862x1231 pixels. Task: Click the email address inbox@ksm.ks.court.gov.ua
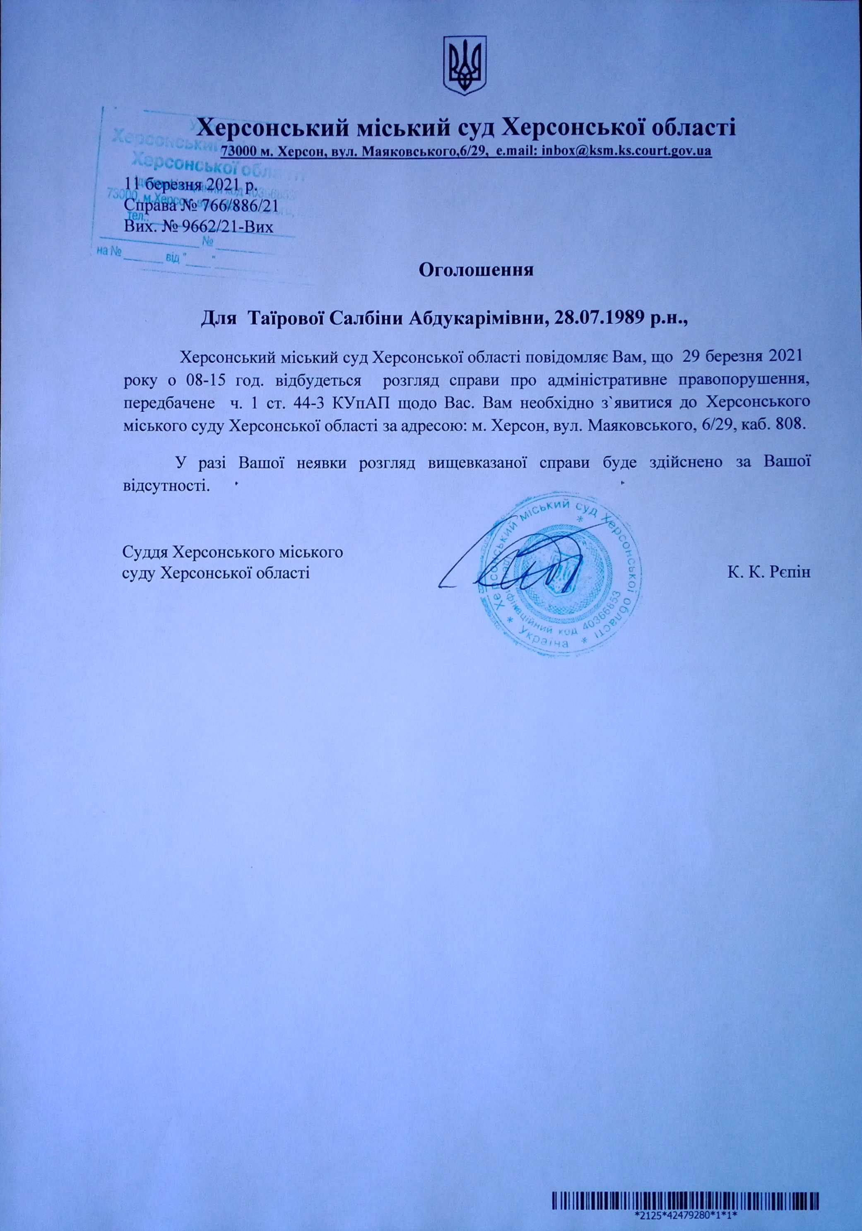click(627, 151)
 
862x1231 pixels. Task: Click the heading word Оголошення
click(476, 269)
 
